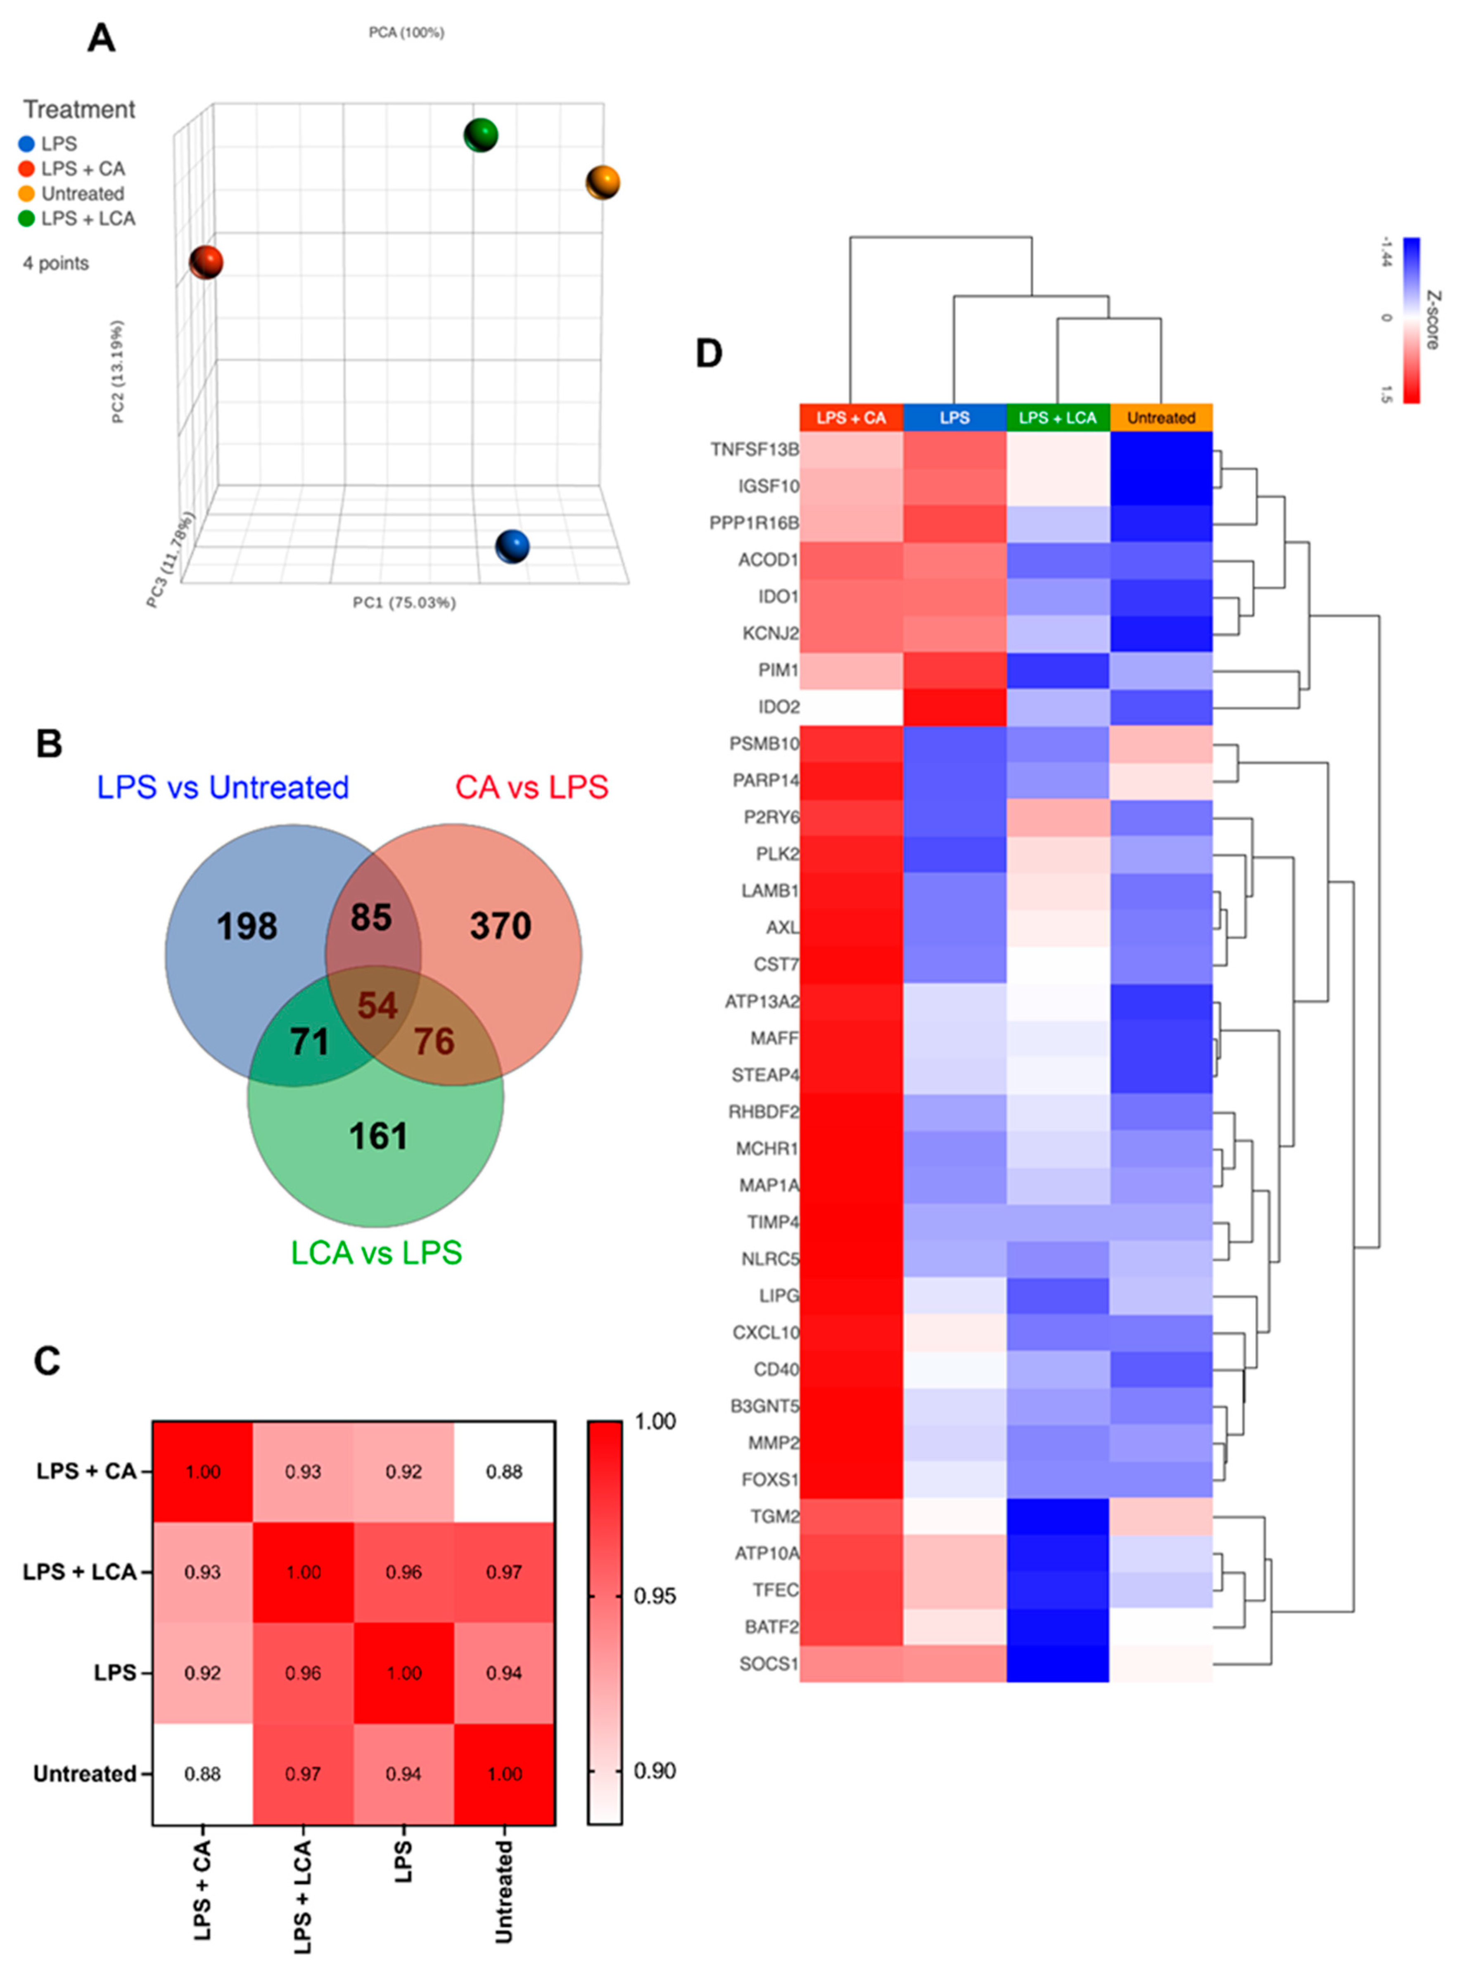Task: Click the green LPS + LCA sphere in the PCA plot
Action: (481, 135)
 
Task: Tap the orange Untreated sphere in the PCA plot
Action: (603, 183)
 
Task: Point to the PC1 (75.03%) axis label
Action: (404, 603)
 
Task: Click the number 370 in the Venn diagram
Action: (500, 926)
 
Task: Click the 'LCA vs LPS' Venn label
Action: (377, 1253)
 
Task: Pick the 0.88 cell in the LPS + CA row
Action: (505, 1472)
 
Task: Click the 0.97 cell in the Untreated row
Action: (304, 1774)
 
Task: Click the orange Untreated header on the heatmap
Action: (1160, 418)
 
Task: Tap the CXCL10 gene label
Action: (766, 1332)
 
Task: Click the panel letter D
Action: (709, 353)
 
